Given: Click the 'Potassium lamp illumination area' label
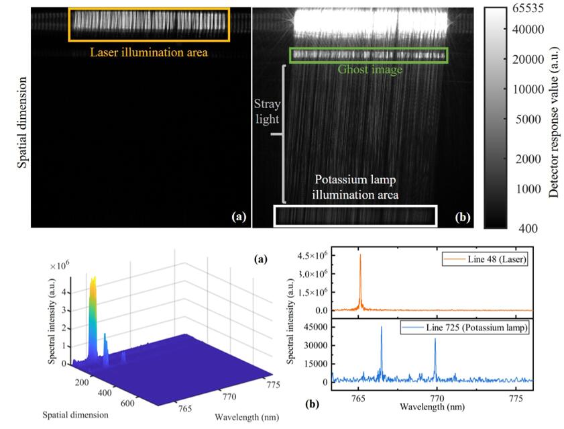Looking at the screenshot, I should pyautogui.click(x=355, y=187).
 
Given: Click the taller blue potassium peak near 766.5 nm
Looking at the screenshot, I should pyautogui.click(x=382, y=328).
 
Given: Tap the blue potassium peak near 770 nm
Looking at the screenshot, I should pyautogui.click(x=435, y=339).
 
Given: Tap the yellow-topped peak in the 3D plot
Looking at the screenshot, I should pyautogui.click(x=93, y=278).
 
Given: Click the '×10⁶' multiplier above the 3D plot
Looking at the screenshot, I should pyautogui.click(x=60, y=267).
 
